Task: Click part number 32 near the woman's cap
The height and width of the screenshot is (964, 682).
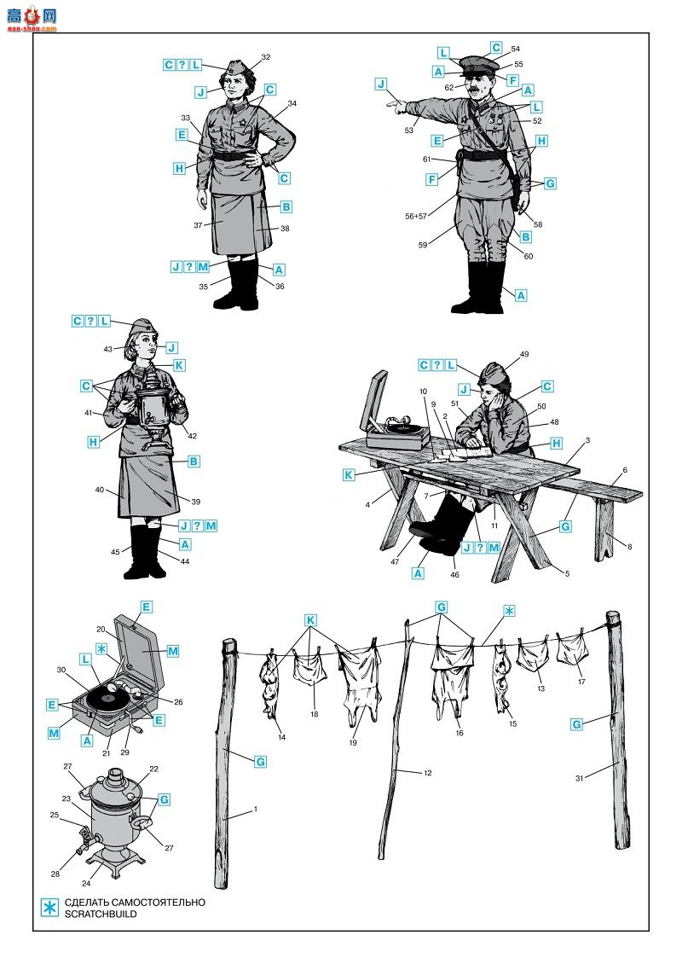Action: click(x=265, y=57)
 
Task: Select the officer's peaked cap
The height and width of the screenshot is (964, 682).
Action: click(x=478, y=65)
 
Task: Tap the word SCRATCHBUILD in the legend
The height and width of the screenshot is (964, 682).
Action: click(x=101, y=915)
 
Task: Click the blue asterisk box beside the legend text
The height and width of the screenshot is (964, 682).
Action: click(x=49, y=908)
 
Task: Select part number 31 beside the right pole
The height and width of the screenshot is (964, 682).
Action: click(x=579, y=778)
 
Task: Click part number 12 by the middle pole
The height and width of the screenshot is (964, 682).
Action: click(x=428, y=773)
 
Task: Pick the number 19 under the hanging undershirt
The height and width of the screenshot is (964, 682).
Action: click(x=353, y=743)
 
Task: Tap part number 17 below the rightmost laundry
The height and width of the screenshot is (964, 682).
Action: click(x=581, y=681)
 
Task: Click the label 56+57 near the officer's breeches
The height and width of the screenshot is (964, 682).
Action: click(x=415, y=217)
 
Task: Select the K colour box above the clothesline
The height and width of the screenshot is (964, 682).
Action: click(x=311, y=620)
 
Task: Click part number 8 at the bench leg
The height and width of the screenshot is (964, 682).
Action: click(x=629, y=547)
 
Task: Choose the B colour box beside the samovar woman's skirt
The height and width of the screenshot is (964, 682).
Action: click(x=194, y=461)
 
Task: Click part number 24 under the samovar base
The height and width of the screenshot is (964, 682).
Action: click(x=86, y=884)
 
